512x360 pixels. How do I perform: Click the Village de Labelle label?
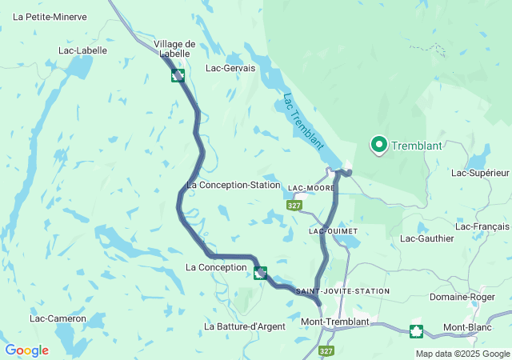click(174, 49)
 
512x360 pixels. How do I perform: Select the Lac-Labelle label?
click(82, 50)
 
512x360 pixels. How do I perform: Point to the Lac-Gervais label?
click(230, 69)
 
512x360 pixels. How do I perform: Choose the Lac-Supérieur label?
click(480, 173)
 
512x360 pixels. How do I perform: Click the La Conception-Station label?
click(233, 185)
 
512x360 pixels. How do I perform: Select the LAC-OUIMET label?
click(333, 230)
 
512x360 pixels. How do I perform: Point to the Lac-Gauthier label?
click(426, 238)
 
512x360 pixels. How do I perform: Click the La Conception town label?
click(216, 267)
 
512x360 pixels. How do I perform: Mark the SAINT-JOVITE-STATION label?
click(342, 290)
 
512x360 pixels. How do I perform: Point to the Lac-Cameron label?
click(58, 318)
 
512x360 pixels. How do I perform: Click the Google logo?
click(26, 350)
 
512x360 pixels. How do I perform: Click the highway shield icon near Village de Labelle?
click(178, 75)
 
